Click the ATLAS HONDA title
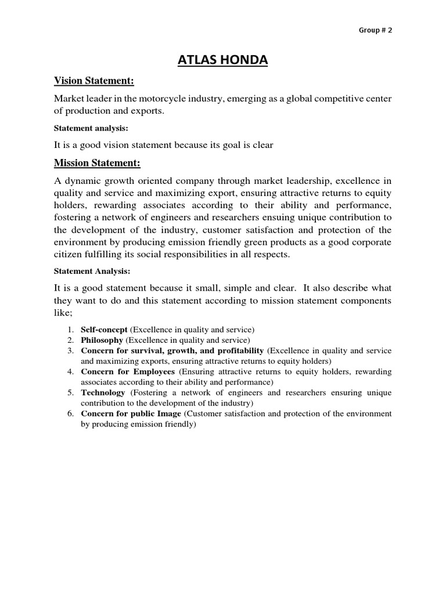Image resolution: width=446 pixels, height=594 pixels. [222, 60]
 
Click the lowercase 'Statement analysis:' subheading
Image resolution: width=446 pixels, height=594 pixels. [91, 128]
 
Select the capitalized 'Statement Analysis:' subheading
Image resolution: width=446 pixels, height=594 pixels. [92, 270]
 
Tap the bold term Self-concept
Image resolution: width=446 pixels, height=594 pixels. [104, 329]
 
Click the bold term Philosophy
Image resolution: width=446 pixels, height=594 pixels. [102, 340]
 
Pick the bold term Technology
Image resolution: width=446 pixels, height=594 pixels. [103, 393]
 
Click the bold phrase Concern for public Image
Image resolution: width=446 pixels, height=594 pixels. [131, 414]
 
